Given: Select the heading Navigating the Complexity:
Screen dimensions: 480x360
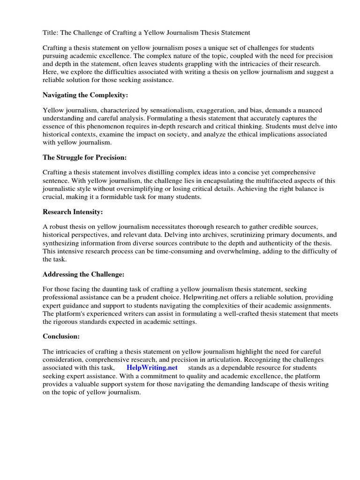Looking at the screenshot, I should tap(85, 95).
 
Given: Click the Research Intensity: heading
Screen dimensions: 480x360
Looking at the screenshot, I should tap(73, 212).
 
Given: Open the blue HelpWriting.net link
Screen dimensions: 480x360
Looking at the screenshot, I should tap(152, 368).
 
